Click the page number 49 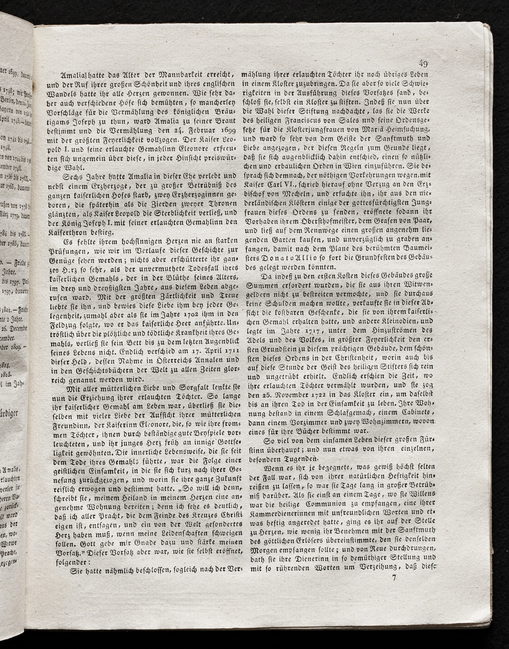coord(423,63)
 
